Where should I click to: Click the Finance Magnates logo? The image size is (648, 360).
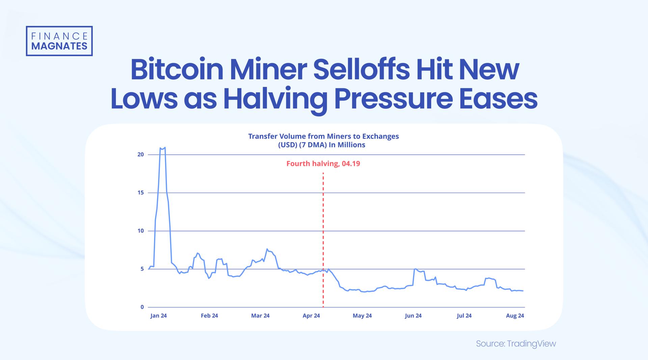[59, 41]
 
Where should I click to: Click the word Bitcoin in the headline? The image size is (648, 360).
[177, 70]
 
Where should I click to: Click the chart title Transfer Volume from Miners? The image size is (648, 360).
[323, 136]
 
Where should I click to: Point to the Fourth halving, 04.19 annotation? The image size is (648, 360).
[323, 164]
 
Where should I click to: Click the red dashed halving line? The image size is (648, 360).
[323, 236]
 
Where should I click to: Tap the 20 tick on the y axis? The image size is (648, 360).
[141, 155]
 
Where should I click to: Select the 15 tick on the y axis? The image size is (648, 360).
[141, 193]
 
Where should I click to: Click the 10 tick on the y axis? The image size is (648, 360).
[141, 231]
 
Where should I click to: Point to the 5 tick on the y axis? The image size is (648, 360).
[142, 269]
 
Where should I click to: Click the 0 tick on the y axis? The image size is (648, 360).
[142, 307]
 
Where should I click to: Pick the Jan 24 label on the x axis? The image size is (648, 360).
[158, 316]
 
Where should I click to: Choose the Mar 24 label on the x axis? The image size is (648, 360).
[260, 316]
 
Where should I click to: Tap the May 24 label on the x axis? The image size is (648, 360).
[362, 316]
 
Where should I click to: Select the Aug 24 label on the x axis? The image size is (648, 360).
[515, 316]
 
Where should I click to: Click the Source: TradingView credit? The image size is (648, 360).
[515, 344]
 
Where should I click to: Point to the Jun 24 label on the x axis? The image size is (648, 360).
[413, 316]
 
